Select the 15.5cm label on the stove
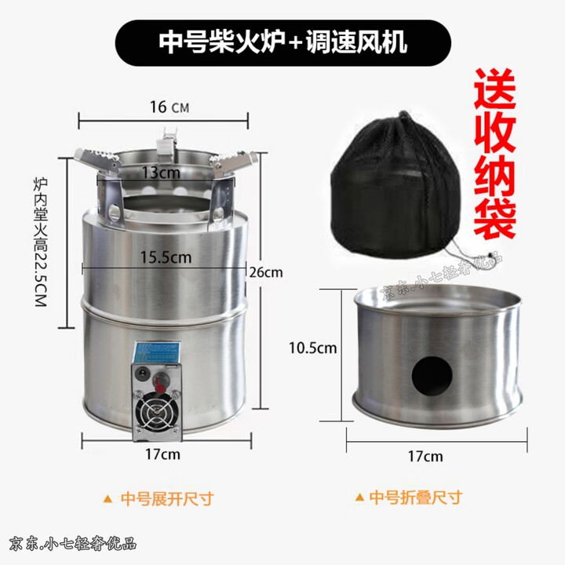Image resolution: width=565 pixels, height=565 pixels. [165, 256]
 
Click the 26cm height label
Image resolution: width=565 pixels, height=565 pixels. [266, 273]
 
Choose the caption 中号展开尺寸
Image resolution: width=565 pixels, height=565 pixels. [167, 498]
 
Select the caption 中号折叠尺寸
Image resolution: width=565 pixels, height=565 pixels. [415, 498]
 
